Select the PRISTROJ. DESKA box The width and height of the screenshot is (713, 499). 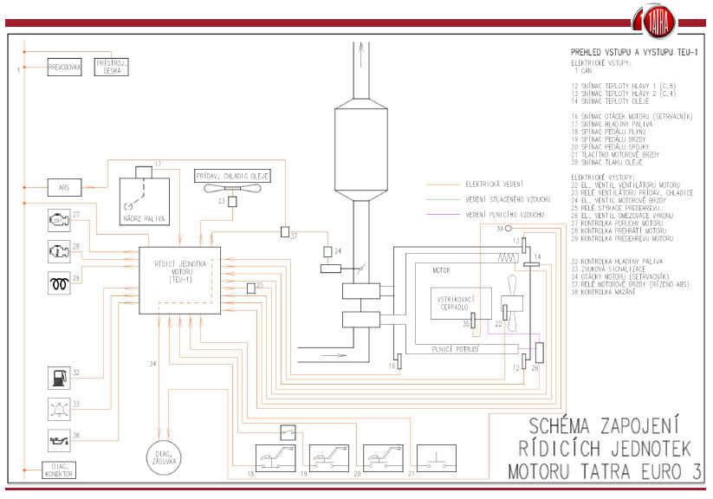click(x=111, y=68)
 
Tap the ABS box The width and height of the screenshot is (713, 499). click(x=65, y=186)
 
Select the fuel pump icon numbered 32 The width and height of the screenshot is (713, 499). click(x=57, y=378)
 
